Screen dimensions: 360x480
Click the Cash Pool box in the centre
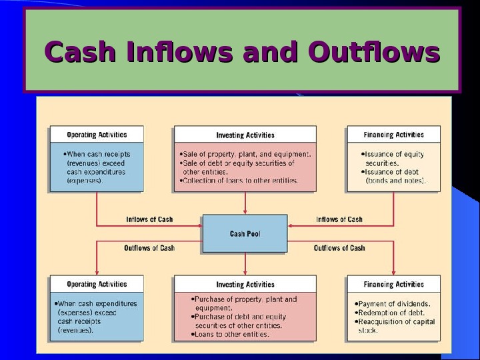(x=245, y=233)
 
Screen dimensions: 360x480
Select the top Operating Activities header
(x=97, y=135)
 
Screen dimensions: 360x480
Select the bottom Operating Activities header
(x=97, y=285)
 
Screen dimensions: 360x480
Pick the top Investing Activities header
(x=245, y=135)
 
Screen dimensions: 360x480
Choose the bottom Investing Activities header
(x=245, y=285)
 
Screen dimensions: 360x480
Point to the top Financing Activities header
(x=393, y=135)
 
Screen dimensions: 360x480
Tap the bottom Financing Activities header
(x=393, y=285)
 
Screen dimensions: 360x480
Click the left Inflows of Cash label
(x=149, y=219)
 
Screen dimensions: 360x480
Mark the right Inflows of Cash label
(x=339, y=219)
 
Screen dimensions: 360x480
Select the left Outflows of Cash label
(x=149, y=248)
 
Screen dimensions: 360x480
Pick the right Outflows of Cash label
(x=339, y=248)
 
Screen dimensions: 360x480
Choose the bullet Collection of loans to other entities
(x=240, y=180)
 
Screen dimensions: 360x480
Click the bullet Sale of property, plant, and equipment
(x=246, y=154)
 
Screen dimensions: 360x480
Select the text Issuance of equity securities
(x=393, y=158)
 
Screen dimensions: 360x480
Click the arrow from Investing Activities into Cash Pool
(x=245, y=203)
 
